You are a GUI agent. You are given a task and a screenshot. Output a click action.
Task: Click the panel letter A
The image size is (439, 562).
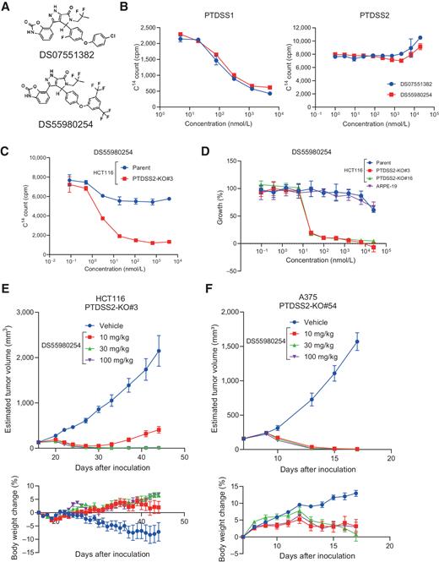point(7,7)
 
